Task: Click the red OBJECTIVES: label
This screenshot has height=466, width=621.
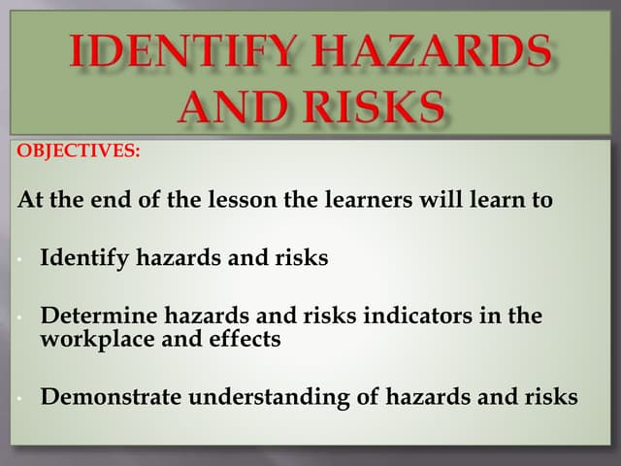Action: pos(79,152)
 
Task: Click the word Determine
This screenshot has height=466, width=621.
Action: pos(94,316)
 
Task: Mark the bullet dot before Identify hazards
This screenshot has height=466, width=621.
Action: pos(19,260)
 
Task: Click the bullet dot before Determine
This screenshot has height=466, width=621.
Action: pos(19,317)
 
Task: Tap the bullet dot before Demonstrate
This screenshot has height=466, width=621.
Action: pos(19,397)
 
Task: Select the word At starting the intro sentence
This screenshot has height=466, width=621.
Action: pos(30,202)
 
